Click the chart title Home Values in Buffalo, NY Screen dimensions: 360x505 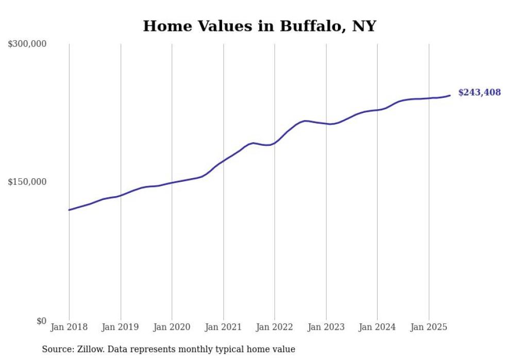pos(259,26)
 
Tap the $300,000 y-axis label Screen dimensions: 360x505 pos(27,44)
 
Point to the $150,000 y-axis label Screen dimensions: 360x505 pos(27,182)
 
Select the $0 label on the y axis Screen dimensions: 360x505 pos(41,321)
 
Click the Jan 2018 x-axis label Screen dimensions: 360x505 pos(69,327)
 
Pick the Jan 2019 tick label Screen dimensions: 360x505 pos(121,327)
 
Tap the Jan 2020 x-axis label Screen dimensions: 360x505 pos(172,327)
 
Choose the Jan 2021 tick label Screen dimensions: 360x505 pos(223,327)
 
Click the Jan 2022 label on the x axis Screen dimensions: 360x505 pos(275,327)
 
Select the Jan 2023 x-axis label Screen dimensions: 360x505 pos(326,327)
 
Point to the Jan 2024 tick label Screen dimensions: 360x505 pos(377,327)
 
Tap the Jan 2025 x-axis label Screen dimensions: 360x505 pos(429,327)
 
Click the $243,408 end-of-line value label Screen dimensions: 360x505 pos(479,93)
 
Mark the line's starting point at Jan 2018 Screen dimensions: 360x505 pos(69,210)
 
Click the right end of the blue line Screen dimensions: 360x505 pos(450,95)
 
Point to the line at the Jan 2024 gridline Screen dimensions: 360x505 pos(377,110)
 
